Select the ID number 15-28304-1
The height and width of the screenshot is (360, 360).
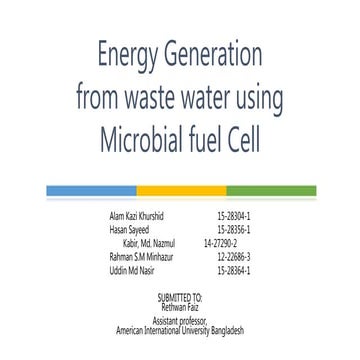(233, 215)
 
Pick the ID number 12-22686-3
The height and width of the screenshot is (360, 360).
(233, 256)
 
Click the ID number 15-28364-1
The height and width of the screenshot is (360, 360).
(233, 270)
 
